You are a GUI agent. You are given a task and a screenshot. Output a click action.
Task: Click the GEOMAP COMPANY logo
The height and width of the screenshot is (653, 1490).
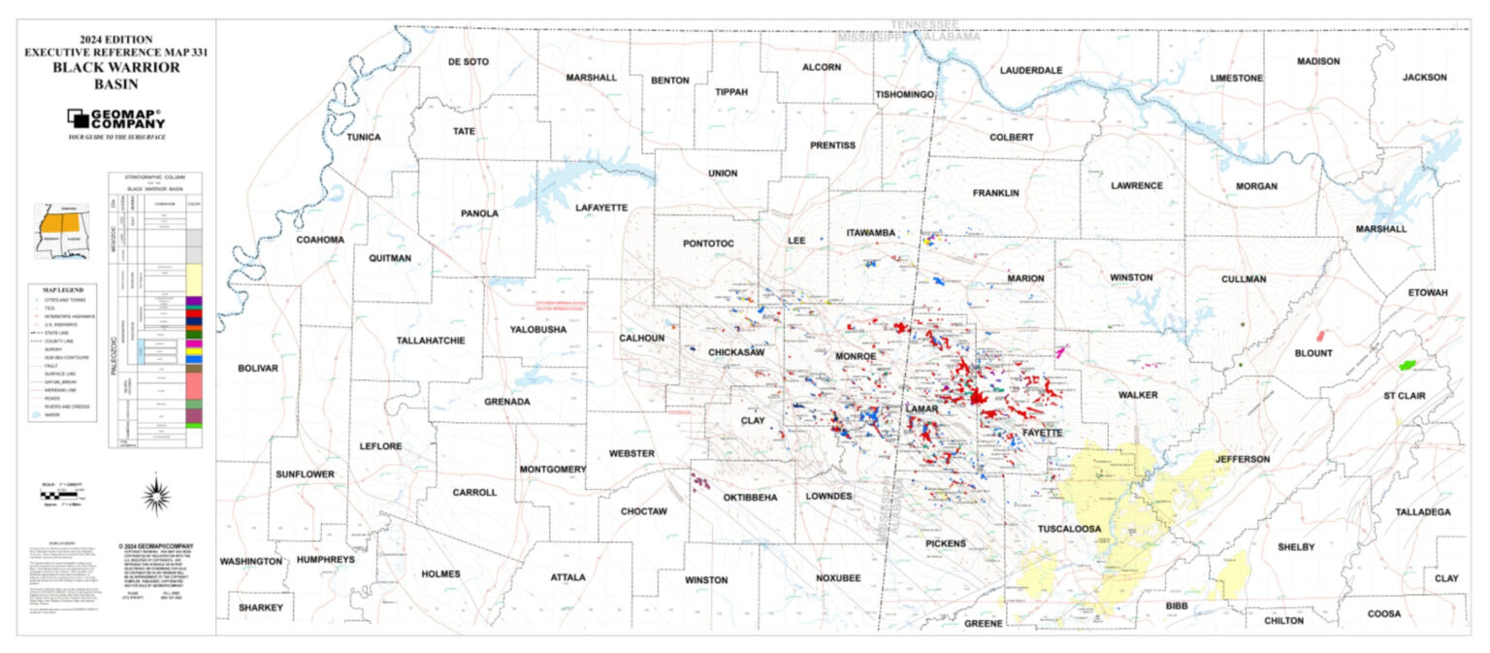point(115,119)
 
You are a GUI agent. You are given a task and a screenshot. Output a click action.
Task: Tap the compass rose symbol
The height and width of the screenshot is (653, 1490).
point(156,496)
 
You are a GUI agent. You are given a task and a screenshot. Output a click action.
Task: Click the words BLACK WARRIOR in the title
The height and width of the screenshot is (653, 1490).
point(116,67)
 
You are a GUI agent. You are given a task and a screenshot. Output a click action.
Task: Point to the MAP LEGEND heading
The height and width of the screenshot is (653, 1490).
point(64,289)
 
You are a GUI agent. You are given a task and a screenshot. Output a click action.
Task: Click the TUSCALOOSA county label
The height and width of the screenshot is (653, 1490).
point(1069,529)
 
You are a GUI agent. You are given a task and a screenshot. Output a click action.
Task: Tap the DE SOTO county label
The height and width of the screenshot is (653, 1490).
point(468,61)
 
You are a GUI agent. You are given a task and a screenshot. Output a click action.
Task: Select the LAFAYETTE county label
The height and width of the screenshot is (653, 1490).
point(601,208)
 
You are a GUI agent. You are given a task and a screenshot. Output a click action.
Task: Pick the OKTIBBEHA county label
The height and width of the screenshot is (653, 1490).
point(750,498)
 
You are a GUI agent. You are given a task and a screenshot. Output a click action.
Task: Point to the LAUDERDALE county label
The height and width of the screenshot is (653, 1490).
point(1031,70)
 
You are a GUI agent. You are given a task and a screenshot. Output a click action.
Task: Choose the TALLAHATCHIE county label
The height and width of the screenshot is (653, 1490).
point(431,341)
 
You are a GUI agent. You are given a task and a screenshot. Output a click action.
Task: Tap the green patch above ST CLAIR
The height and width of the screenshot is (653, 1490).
point(1408,365)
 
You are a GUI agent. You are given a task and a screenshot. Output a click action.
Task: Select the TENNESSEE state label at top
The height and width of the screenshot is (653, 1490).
point(924,23)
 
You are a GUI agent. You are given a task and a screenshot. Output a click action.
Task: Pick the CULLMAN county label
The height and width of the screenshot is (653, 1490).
point(1244,278)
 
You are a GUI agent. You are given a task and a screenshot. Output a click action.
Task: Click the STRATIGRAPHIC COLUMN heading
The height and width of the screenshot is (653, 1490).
point(155,179)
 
